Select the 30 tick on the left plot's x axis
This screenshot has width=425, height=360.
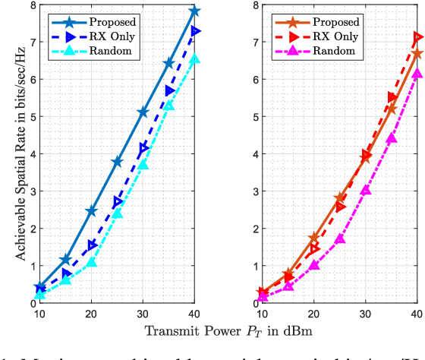tap(143, 314)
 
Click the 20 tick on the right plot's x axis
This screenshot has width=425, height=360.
tap(313, 314)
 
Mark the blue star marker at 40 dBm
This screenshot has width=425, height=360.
tap(195, 11)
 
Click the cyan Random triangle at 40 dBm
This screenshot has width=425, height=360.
tap(195, 59)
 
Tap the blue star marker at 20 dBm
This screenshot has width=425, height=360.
tap(91, 210)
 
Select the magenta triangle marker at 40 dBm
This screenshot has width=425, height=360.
tap(417, 74)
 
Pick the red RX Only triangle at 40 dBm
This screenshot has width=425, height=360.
tap(417, 36)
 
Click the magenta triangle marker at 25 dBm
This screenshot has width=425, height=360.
tap(339, 239)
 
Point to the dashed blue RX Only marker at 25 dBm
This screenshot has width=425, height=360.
tap(118, 203)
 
